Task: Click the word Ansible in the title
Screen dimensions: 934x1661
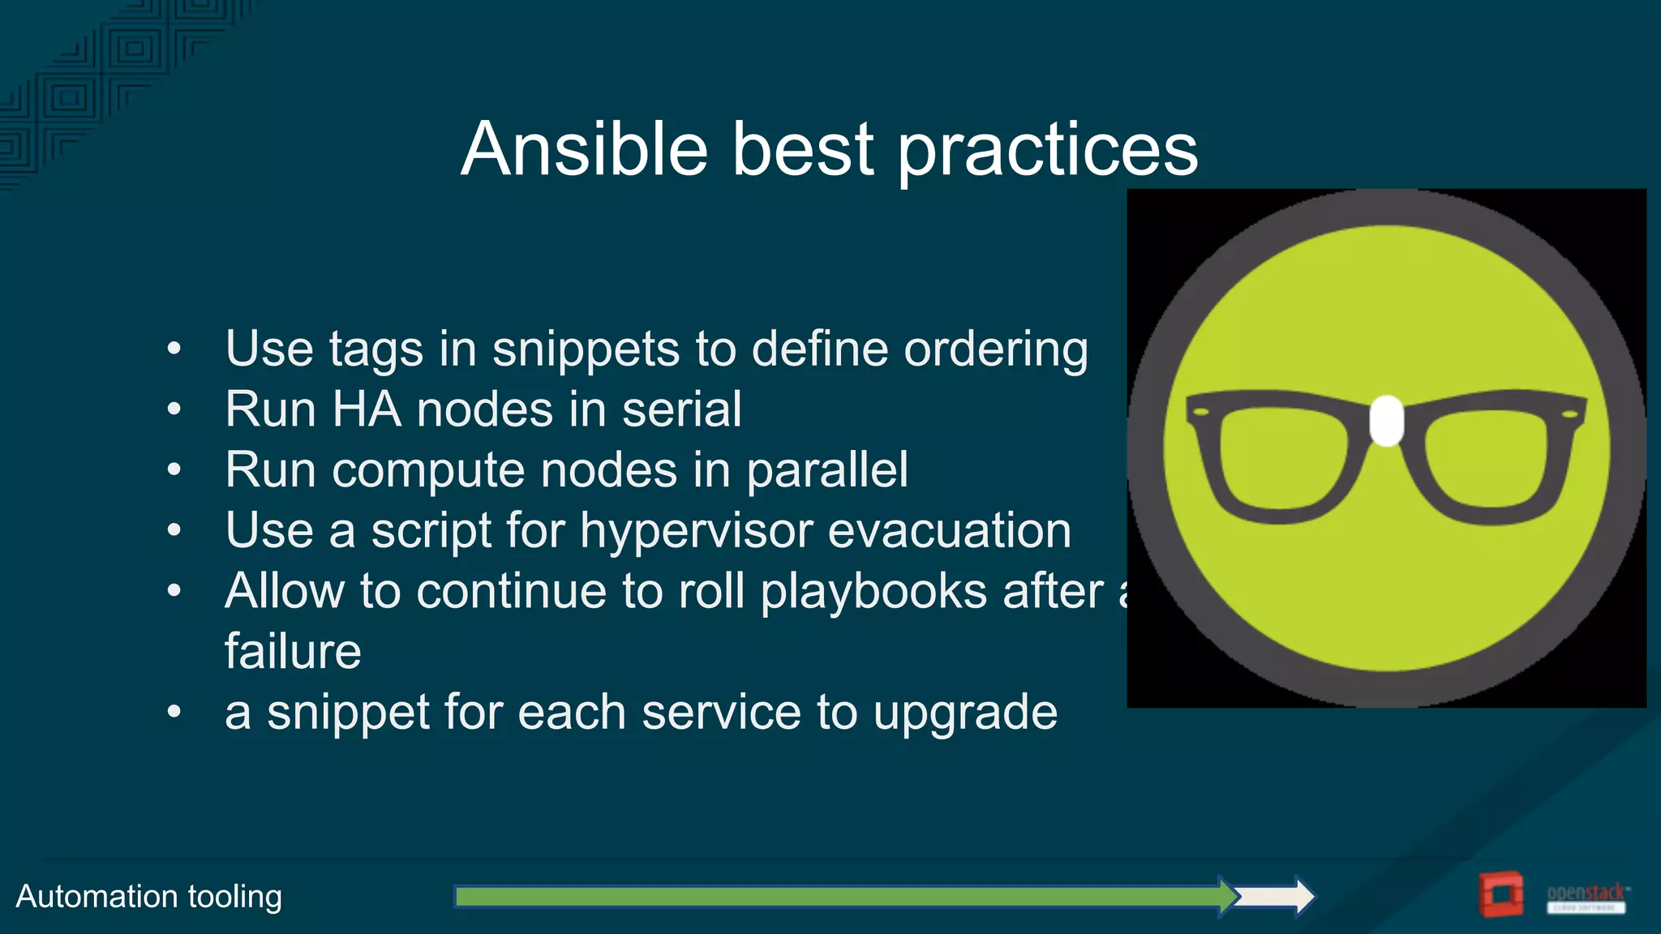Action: click(584, 149)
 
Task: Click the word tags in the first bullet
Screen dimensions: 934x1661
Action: click(376, 351)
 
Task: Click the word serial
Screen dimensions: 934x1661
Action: click(681, 409)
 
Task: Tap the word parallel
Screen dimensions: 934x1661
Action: click(827, 471)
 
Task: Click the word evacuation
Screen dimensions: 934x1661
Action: click(949, 531)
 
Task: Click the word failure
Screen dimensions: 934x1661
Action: click(293, 652)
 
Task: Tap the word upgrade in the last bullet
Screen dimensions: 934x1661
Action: click(965, 714)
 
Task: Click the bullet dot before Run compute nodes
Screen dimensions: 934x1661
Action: click(174, 469)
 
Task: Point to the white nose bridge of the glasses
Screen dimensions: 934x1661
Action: click(1387, 421)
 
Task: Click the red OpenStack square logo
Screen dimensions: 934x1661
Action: click(1500, 894)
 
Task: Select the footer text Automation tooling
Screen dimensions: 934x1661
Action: click(149, 897)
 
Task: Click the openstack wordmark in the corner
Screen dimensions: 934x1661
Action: click(1586, 893)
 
